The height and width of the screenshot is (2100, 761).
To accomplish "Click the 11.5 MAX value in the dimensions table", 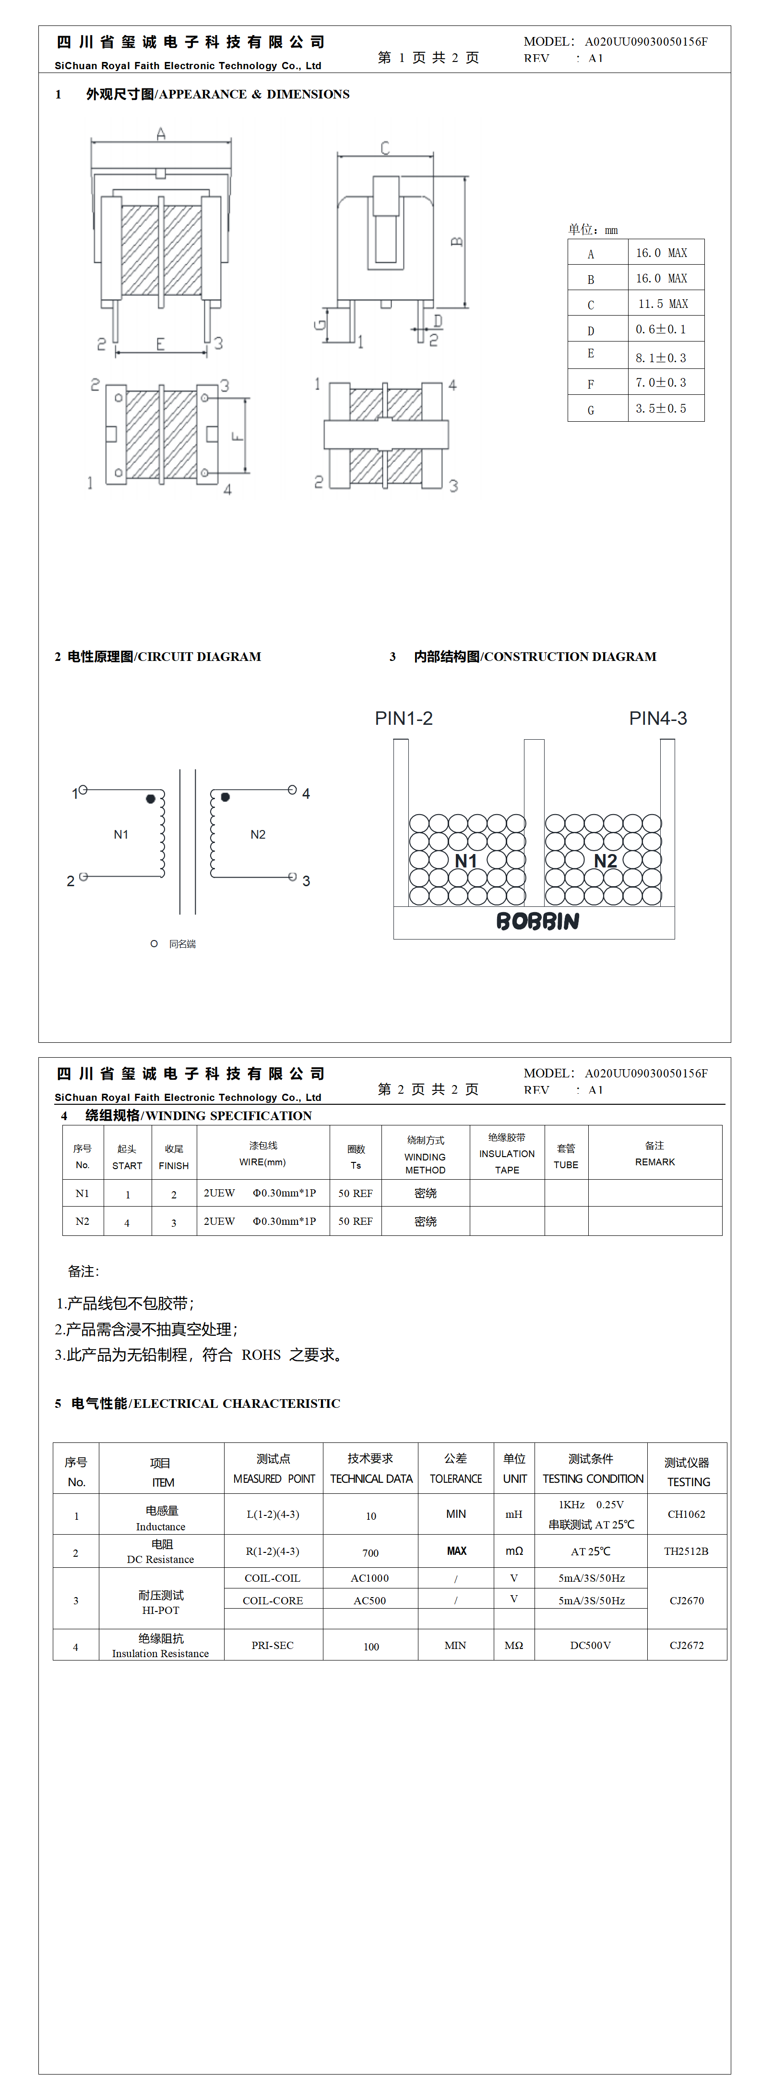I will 663,304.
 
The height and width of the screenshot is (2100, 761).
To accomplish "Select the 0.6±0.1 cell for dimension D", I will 661,330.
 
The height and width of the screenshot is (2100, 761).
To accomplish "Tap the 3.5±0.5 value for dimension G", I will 661,408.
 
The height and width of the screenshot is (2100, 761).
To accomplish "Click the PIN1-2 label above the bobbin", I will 404,718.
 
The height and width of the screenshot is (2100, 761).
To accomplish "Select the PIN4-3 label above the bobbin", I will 657,718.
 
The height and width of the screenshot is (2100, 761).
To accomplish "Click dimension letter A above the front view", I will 161,133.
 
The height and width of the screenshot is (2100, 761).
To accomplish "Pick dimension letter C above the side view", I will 384,147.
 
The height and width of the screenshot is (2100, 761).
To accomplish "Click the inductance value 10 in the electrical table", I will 371,1516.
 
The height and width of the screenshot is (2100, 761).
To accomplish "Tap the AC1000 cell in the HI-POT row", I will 370,1578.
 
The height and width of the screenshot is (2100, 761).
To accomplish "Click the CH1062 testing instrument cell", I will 686,1514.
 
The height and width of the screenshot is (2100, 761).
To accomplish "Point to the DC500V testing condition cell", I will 590,1645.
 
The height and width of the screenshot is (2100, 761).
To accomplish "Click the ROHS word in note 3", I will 261,1355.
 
